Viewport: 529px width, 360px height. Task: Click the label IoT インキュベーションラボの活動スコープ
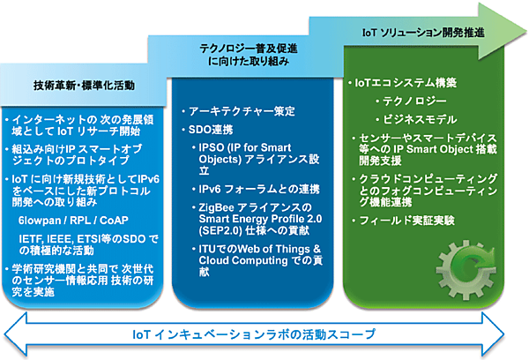(253, 334)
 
